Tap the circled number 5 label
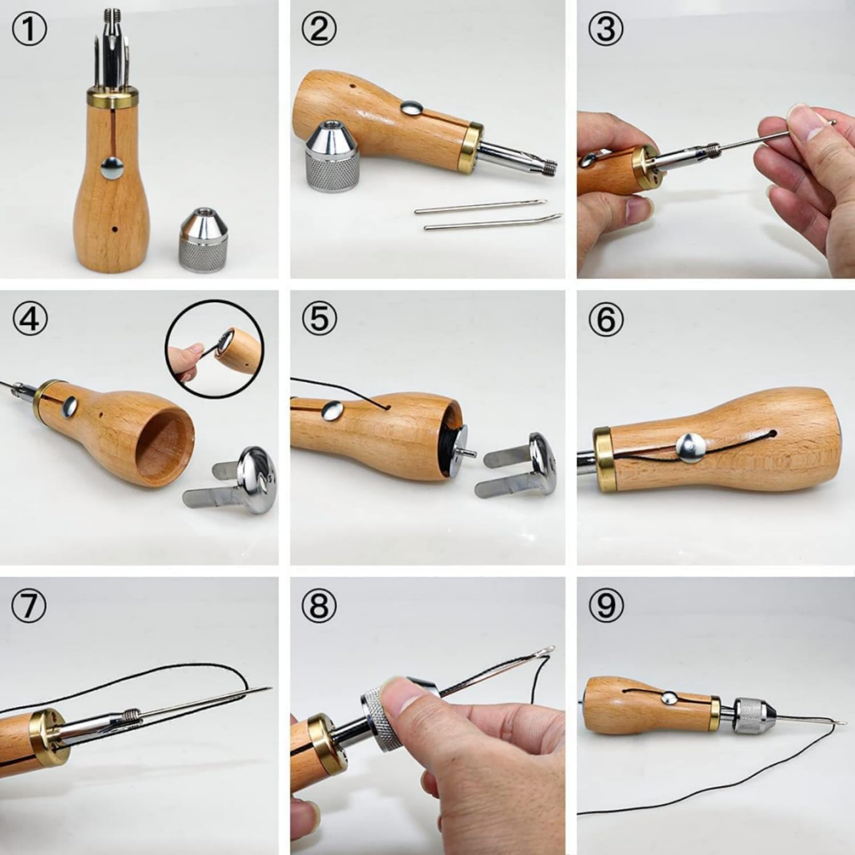[x=319, y=318]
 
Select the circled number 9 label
[x=606, y=605]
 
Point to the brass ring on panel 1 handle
[x=113, y=97]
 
